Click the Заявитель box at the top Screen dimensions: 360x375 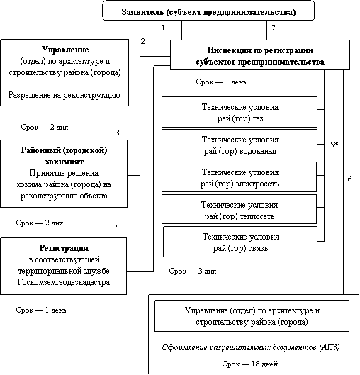click(x=208, y=11)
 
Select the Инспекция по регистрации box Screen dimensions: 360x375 click(x=260, y=55)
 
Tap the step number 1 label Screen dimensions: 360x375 click(x=163, y=28)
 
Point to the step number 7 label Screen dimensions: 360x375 click(x=274, y=28)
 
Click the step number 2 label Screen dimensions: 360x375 click(x=142, y=41)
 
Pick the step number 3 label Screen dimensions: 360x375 click(x=117, y=133)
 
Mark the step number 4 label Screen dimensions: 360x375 click(x=117, y=227)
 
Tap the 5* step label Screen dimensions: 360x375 click(x=334, y=145)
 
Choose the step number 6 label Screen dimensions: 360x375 click(x=349, y=179)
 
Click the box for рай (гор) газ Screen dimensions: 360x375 click(x=240, y=112)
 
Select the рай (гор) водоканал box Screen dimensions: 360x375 click(x=240, y=145)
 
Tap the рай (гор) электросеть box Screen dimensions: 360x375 click(x=240, y=177)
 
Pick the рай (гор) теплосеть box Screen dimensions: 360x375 click(x=240, y=209)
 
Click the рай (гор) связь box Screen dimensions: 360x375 click(x=240, y=242)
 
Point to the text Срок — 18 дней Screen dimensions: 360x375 click(x=249, y=364)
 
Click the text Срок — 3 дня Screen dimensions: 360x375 click(x=193, y=272)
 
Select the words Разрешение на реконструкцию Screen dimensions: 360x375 click(x=64, y=95)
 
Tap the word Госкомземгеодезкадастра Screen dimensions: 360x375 click(x=64, y=282)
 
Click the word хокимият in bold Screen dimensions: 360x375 click(x=64, y=162)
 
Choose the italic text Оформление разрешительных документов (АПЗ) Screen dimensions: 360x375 click(x=251, y=347)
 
